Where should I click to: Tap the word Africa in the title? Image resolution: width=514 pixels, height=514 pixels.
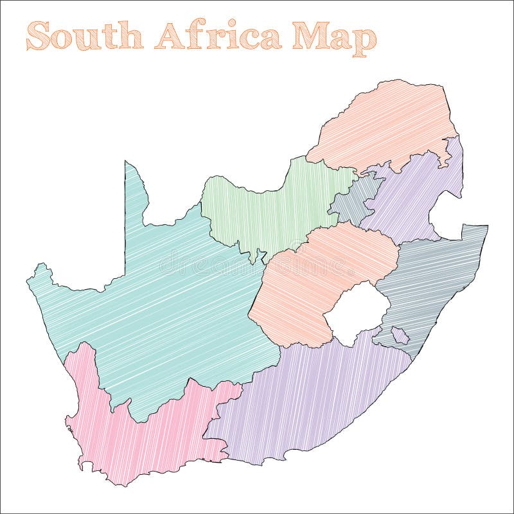click(x=218, y=36)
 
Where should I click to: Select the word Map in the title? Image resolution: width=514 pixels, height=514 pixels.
click(x=334, y=39)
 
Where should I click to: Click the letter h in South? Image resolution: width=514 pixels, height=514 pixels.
click(x=132, y=36)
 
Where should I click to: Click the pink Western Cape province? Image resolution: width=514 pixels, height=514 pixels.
click(x=128, y=437)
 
